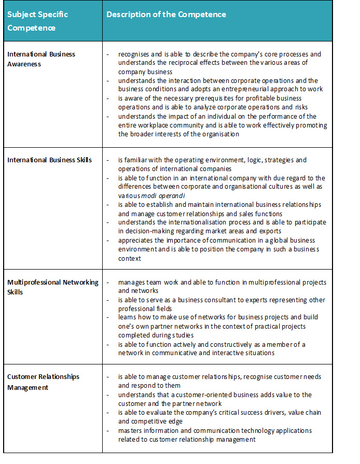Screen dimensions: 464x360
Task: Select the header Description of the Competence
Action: point(166,15)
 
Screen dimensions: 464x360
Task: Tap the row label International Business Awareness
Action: point(41,59)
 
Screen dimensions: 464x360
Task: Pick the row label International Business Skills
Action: point(49,160)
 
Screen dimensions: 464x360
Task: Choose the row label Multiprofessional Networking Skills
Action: point(52,287)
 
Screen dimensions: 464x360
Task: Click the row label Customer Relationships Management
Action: point(43,382)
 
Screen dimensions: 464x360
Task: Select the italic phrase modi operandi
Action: point(160,195)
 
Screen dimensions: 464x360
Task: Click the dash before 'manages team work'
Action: point(107,282)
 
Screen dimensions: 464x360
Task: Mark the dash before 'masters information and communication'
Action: point(107,430)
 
